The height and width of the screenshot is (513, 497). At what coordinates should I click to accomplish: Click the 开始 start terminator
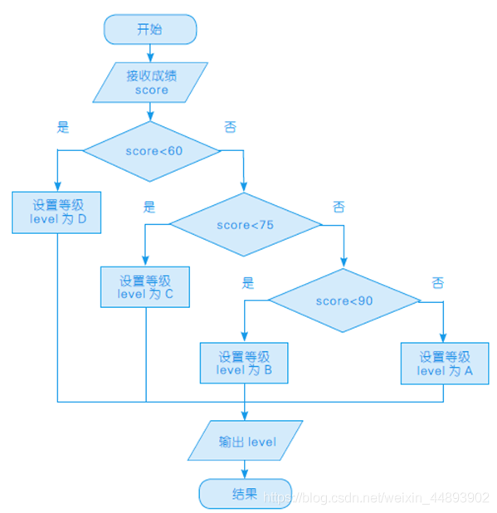click(x=150, y=29)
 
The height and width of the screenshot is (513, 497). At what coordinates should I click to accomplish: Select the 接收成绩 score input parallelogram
click(x=150, y=82)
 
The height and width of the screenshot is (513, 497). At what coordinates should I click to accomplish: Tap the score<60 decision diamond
click(x=152, y=151)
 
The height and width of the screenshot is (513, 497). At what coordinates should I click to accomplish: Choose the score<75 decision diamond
click(x=246, y=224)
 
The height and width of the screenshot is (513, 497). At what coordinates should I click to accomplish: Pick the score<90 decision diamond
click(x=344, y=300)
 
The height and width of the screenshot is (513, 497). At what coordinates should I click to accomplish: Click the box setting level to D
click(x=56, y=213)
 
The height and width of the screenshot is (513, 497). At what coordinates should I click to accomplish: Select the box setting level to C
click(x=145, y=287)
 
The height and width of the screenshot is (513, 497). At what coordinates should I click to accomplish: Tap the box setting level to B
click(x=244, y=363)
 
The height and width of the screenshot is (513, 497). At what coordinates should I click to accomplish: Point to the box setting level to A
click(x=445, y=363)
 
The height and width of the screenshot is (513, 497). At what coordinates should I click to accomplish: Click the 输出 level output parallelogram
click(x=246, y=441)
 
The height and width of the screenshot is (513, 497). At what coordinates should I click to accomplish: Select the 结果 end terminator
click(x=246, y=494)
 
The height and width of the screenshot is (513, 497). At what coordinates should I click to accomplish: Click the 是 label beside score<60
click(x=63, y=127)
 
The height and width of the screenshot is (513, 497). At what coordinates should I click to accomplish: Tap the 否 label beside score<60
click(x=230, y=127)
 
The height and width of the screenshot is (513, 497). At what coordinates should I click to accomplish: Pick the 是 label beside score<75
click(x=149, y=207)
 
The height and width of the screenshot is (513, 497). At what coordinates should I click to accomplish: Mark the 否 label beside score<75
click(x=339, y=207)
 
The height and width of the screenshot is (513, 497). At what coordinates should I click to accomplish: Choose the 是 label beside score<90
click(x=248, y=283)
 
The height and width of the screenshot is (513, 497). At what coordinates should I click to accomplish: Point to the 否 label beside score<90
click(x=438, y=283)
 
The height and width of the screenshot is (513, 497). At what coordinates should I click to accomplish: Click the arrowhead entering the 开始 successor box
click(x=150, y=58)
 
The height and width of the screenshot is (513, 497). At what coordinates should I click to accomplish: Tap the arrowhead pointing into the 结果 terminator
click(x=245, y=474)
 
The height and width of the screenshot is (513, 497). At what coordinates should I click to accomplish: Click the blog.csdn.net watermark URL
click(x=376, y=498)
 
